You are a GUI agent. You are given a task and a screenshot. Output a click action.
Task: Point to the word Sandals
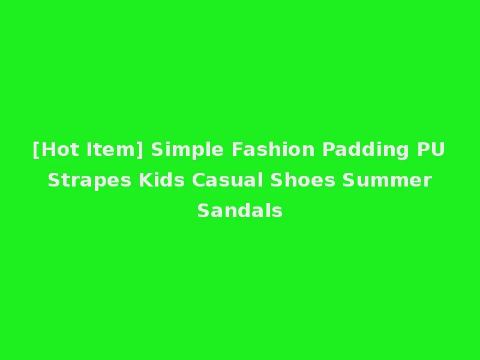pos(240,211)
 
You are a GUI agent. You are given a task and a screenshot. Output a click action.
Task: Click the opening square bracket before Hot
pos(36,149)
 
